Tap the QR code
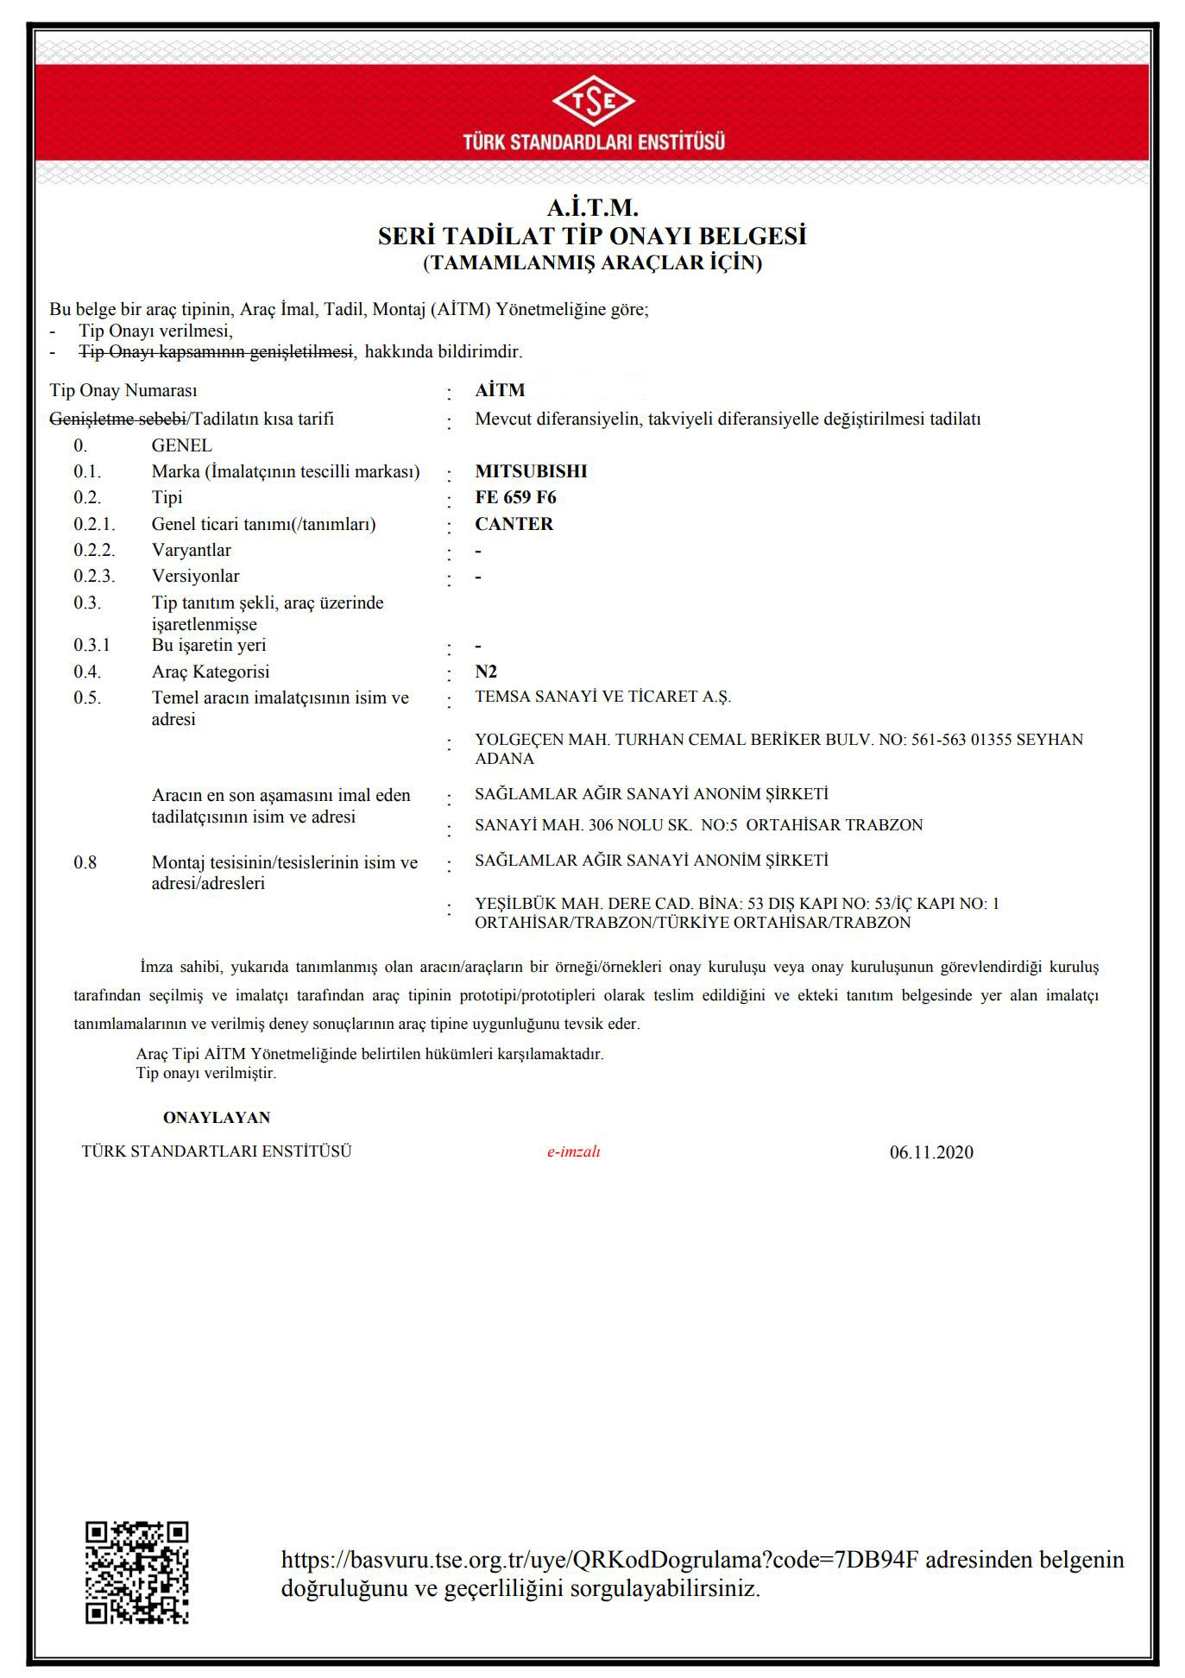(136, 1573)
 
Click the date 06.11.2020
(931, 1152)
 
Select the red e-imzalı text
(573, 1151)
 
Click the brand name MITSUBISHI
(531, 471)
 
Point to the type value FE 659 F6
(515, 497)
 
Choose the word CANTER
(514, 524)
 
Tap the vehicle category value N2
(486, 672)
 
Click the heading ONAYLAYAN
(217, 1118)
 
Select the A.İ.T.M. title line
(592, 208)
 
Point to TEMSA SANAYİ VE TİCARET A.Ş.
(602, 697)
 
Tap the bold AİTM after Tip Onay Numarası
(500, 390)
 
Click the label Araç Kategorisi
(211, 672)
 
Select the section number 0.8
(85, 862)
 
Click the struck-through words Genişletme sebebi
(117, 419)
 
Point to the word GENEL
(181, 445)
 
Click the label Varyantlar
(192, 550)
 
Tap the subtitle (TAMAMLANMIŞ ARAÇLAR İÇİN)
(592, 263)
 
